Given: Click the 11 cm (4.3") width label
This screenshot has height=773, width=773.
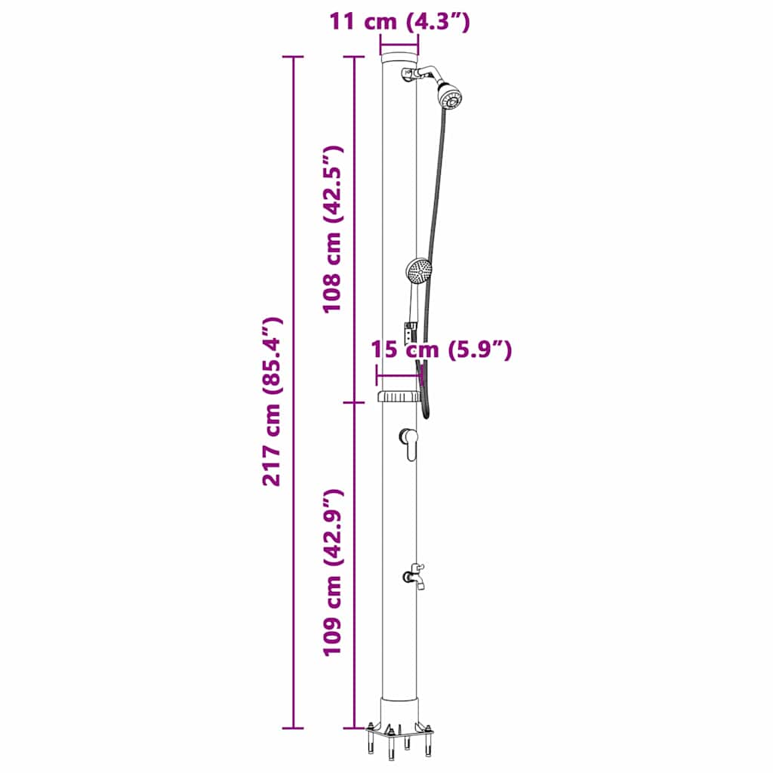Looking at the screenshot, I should (x=399, y=22).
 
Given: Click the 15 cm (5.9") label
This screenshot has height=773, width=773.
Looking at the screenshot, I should (x=442, y=350).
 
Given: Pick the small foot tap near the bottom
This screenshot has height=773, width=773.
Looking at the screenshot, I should (x=414, y=575).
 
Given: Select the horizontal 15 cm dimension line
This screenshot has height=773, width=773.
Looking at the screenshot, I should (x=398, y=374).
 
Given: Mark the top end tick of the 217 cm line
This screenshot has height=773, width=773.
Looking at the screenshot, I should (x=293, y=57).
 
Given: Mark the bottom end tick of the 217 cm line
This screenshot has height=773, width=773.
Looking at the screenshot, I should (x=293, y=728).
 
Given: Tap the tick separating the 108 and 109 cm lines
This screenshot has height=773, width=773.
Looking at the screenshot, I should (x=354, y=402).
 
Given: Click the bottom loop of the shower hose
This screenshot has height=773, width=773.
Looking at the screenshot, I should (x=427, y=414).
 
